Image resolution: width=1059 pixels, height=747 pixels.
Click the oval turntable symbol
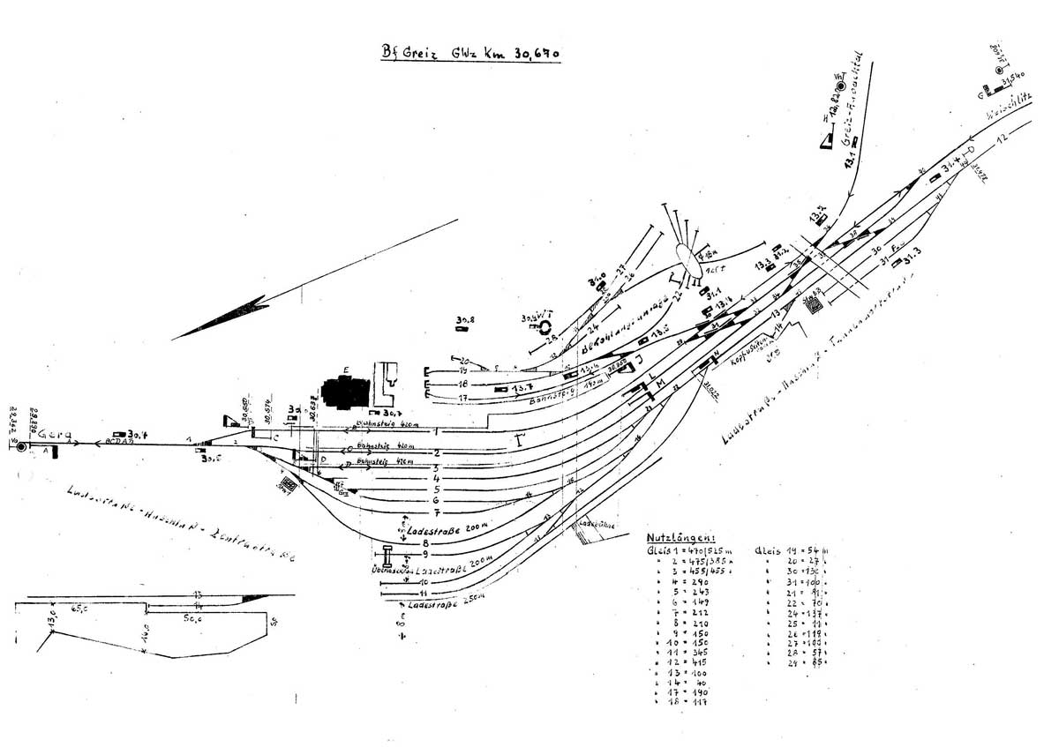click(688, 258)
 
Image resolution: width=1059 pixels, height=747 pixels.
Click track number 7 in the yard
click(436, 513)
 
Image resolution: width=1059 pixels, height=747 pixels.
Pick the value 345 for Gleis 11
click(695, 649)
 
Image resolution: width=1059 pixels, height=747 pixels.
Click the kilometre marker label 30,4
click(135, 434)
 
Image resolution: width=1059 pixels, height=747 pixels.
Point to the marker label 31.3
click(911, 252)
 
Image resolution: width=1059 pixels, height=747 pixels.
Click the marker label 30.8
click(465, 319)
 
